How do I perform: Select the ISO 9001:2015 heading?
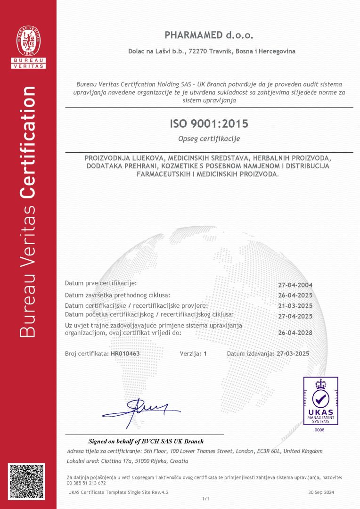tap(209, 124)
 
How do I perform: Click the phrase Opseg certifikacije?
tap(209, 139)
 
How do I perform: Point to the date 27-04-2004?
tap(295, 285)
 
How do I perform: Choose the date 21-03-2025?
tap(295, 306)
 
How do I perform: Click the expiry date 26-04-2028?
tap(295, 333)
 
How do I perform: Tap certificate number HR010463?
tap(125, 353)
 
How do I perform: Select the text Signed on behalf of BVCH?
tap(146, 442)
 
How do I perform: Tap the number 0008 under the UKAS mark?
tap(320, 429)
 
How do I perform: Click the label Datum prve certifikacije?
tap(101, 283)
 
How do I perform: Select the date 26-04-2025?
tap(295, 296)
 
